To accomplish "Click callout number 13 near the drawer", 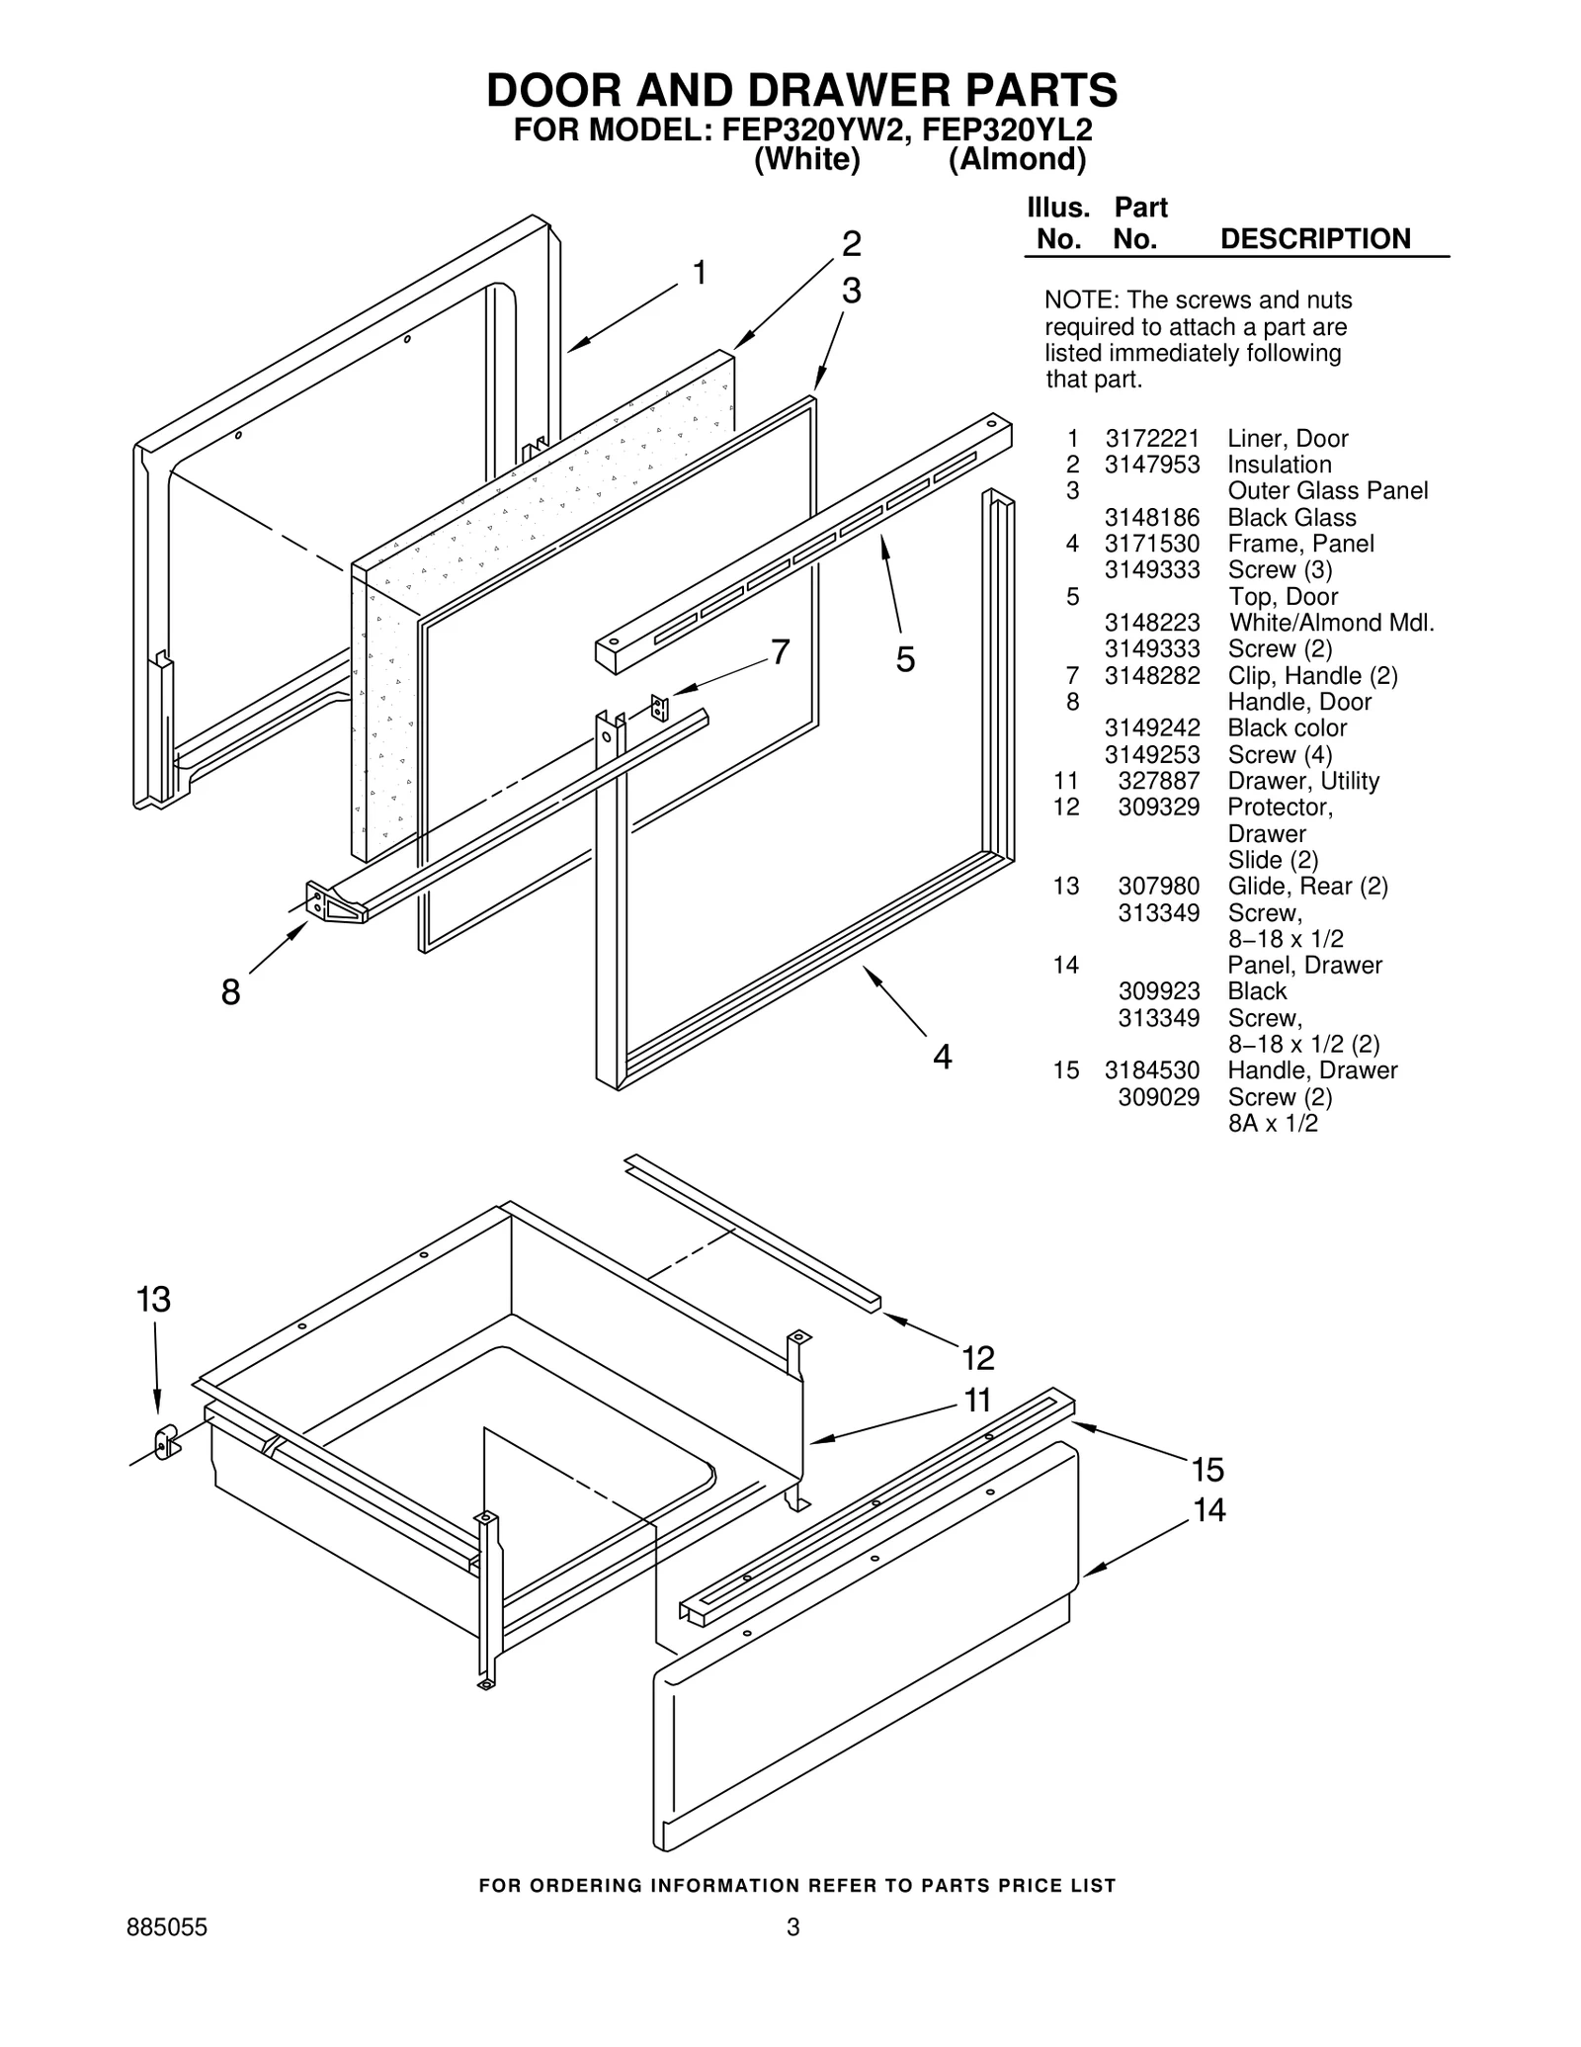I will [153, 1300].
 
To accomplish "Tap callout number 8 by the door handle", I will [230, 991].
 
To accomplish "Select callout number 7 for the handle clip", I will [780, 652].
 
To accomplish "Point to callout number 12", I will [977, 1358].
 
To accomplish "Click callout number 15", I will [1207, 1470].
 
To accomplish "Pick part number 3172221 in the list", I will [1151, 439].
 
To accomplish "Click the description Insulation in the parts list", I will [1279, 465].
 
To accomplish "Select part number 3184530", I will [1151, 1070].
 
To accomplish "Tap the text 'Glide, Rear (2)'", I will [1306, 887].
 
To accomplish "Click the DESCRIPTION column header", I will [1314, 239].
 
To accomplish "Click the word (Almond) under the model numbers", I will [1017, 159].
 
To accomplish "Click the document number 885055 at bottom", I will [167, 1927].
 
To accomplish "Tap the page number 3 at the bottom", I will [791, 1927].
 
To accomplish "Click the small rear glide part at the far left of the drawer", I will [166, 1442].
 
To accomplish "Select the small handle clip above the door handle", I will [659, 708].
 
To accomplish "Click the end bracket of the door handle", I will [331, 902].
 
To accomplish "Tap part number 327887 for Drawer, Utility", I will [1158, 781].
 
